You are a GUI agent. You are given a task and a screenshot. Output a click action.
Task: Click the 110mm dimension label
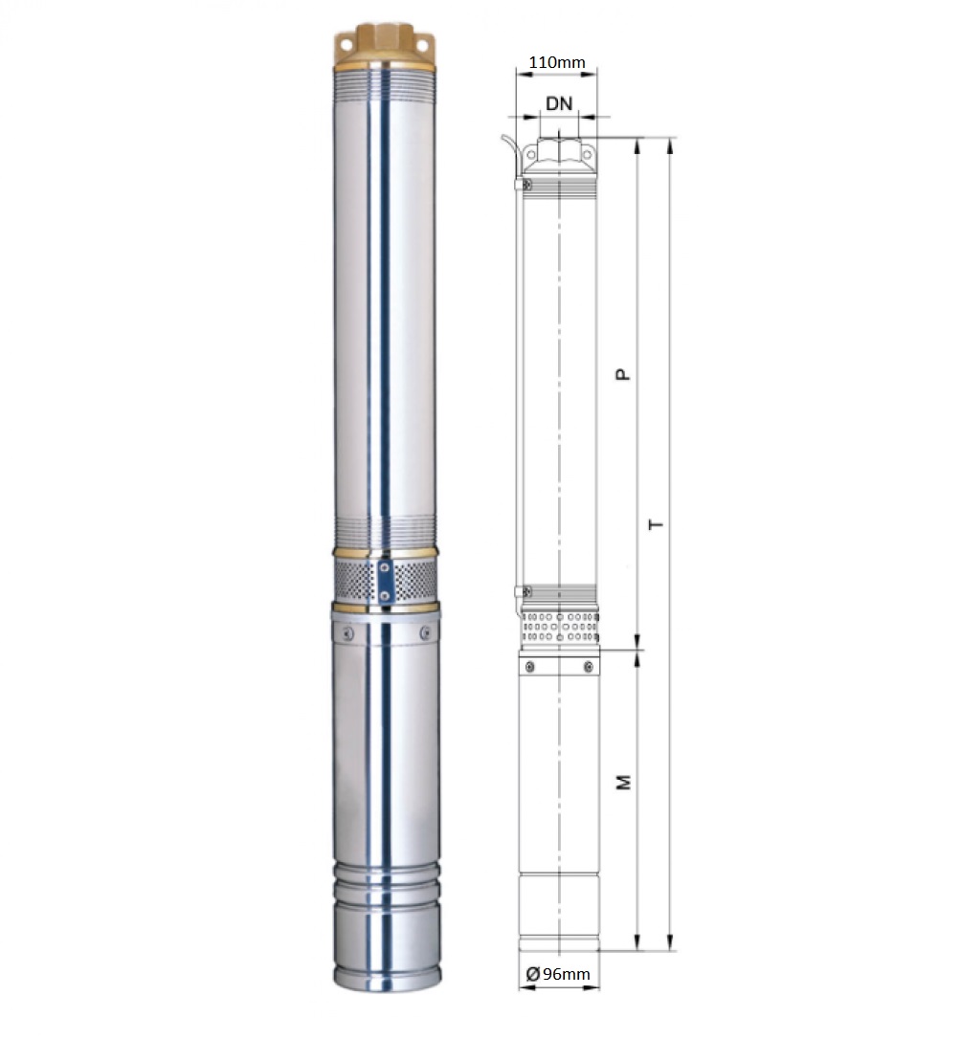[557, 62]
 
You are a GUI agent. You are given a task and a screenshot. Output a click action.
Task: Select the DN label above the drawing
[559, 103]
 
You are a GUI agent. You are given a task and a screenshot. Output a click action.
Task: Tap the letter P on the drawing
[622, 374]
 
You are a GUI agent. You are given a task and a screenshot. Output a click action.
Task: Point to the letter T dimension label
[656, 524]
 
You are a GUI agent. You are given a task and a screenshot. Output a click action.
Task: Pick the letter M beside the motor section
[624, 782]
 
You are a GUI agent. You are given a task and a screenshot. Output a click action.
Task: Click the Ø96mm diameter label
[557, 974]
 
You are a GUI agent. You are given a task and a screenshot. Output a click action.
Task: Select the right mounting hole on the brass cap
[423, 44]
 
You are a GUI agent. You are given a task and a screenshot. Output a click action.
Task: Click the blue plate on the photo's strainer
[385, 581]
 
